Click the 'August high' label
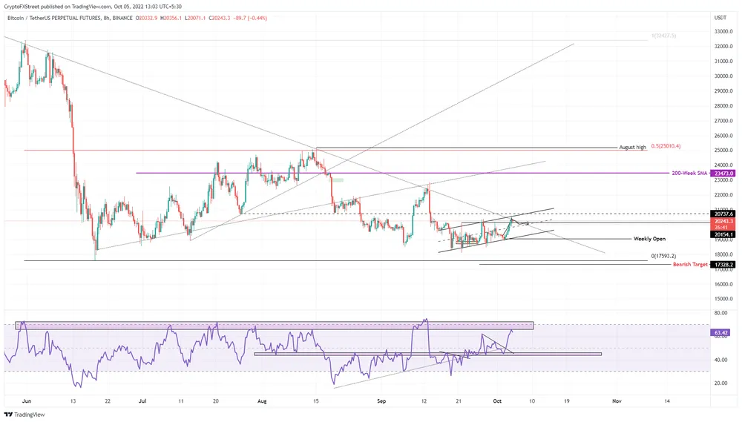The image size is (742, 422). click(x=632, y=148)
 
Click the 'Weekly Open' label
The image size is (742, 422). click(x=649, y=239)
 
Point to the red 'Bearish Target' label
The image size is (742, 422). click(x=690, y=264)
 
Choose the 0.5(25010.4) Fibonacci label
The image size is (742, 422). click(x=666, y=146)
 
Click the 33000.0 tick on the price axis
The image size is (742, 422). click(x=723, y=31)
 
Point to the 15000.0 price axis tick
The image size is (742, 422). click(x=723, y=299)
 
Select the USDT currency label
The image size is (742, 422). click(x=720, y=17)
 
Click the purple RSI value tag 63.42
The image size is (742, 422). click(x=720, y=333)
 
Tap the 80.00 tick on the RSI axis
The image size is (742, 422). click(x=720, y=313)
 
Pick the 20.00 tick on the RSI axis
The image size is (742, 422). click(x=720, y=383)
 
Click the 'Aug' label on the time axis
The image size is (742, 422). click(x=260, y=400)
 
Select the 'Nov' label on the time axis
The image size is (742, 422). click(x=616, y=400)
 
